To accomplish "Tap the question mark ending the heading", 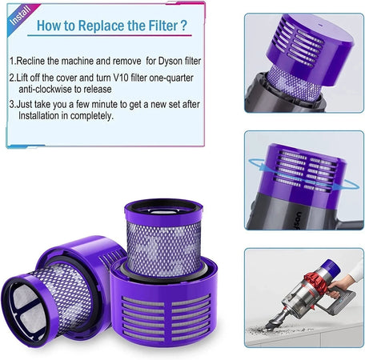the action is coord(184,25).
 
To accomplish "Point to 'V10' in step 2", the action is coord(121,78).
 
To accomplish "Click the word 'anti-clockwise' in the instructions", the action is coord(45,89).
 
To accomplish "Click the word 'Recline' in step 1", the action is coord(30,61).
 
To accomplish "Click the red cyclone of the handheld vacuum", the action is coord(315,282).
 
